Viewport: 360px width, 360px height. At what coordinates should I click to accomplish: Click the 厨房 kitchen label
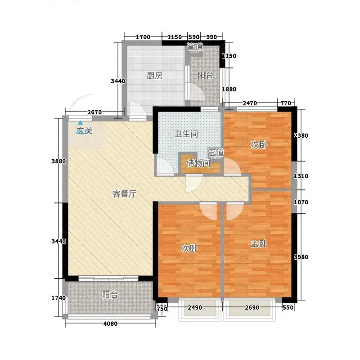click(x=154, y=75)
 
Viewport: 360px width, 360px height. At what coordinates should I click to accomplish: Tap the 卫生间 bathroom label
click(x=186, y=134)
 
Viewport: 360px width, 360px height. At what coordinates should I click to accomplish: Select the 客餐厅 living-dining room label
click(x=125, y=194)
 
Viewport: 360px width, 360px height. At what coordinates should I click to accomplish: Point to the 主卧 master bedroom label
click(x=258, y=244)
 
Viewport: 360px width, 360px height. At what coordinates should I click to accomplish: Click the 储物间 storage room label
click(x=198, y=163)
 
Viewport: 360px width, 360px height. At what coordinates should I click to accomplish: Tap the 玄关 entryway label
click(x=85, y=131)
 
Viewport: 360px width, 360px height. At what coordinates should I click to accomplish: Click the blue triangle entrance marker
click(x=80, y=123)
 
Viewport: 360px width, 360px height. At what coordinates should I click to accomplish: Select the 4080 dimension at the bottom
click(x=110, y=324)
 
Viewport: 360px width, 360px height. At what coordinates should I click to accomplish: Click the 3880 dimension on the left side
click(x=58, y=162)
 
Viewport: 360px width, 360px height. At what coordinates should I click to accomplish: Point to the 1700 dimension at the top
click(x=143, y=37)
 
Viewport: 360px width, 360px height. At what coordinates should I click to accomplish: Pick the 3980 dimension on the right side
click(x=301, y=257)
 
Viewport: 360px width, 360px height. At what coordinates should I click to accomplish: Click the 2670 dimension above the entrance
click(x=94, y=112)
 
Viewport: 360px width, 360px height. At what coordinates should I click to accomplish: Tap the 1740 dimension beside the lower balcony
click(x=58, y=298)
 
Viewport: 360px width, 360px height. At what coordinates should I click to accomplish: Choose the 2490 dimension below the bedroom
click(x=195, y=307)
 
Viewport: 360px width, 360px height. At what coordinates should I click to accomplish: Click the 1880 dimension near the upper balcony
click(x=229, y=89)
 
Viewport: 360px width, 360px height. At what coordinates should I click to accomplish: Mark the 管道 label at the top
click(x=195, y=47)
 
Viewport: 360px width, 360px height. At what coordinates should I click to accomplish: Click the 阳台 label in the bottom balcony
click(x=110, y=295)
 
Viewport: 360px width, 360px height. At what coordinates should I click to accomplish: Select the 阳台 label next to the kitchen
click(x=205, y=75)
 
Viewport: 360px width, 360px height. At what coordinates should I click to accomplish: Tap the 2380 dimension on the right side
click(x=301, y=136)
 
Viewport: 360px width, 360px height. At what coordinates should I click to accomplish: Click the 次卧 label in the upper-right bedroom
click(x=259, y=145)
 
